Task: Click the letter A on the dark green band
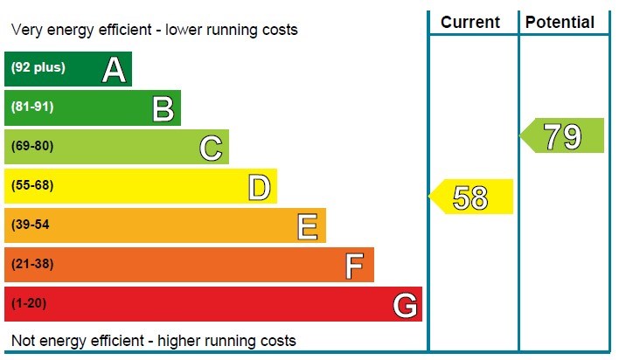114,69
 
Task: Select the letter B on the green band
163,108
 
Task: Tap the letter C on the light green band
211,148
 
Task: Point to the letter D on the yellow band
260,187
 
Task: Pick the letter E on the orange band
308,226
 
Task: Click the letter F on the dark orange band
355,266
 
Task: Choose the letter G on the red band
404,305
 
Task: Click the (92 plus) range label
38,67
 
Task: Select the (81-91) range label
32,107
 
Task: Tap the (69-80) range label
32,146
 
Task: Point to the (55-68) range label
32,185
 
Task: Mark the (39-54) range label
31,225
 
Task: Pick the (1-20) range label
28,303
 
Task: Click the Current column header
470,23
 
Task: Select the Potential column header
561,23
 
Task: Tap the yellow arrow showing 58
471,197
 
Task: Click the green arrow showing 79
563,135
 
